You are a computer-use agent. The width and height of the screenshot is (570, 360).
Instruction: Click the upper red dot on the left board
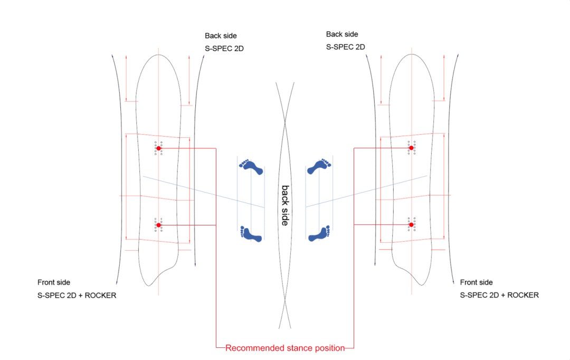pos(158,148)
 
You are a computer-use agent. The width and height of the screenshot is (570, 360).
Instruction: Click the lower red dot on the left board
pos(158,225)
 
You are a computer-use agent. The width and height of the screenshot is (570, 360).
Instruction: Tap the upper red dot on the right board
pos(411,148)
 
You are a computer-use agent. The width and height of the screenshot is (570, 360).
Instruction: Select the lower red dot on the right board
pos(411,225)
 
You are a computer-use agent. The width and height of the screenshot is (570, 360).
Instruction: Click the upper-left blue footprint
pos(251,167)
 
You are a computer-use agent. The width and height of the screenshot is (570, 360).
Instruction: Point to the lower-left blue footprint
pos(251,234)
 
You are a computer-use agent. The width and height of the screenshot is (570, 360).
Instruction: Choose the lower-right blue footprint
pos(319,233)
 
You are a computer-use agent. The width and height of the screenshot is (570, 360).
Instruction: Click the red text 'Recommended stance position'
pos(285,348)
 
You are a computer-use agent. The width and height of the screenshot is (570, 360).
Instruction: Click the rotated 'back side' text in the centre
pos(286,205)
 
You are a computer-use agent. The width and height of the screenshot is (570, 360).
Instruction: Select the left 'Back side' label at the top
pos(221,36)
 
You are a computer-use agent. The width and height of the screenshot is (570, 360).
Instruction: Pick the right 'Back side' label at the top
pos(342,34)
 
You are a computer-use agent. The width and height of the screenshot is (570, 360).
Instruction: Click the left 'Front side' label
pos(54,282)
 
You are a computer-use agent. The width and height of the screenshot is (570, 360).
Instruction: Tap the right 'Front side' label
pos(476,282)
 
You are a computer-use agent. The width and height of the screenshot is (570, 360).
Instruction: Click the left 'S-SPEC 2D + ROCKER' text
pos(77,295)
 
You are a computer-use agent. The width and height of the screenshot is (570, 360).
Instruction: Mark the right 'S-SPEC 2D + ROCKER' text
pos(499,295)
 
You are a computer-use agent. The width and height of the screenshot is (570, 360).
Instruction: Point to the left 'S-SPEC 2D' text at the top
pos(224,49)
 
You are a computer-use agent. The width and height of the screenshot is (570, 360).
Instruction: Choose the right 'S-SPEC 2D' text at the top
pos(345,47)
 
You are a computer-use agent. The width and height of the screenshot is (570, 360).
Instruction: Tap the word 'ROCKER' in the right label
pos(523,295)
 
